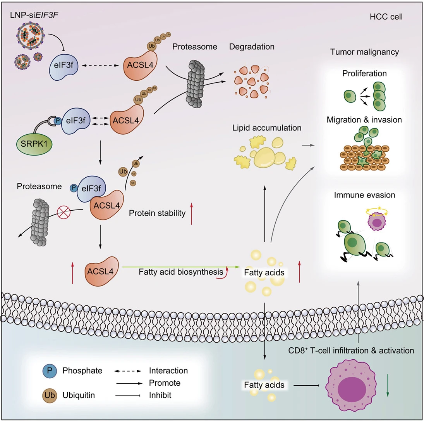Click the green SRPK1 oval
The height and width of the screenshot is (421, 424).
pos(34,144)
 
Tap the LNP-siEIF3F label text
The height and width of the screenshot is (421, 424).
pos(34,15)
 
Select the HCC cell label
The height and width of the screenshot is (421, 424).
pos(386,17)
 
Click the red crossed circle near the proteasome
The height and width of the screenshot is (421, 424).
pos(64,212)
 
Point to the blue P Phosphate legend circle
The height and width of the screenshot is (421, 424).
pos(50,371)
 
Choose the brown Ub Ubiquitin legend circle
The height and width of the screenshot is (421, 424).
pos(50,395)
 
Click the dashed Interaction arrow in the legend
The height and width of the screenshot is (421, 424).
pos(128,371)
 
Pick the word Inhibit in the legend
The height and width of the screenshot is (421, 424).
pos(160,395)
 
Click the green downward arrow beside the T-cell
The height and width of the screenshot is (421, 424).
pos(388,386)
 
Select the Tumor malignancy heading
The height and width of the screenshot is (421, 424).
pos(364,52)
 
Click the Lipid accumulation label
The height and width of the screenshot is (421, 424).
pos(267,128)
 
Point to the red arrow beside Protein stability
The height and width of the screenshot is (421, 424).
pos(191,213)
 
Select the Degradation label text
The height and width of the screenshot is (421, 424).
pos(252,47)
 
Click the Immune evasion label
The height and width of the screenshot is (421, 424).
pos(364,195)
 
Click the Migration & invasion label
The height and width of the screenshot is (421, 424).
pos(364,120)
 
